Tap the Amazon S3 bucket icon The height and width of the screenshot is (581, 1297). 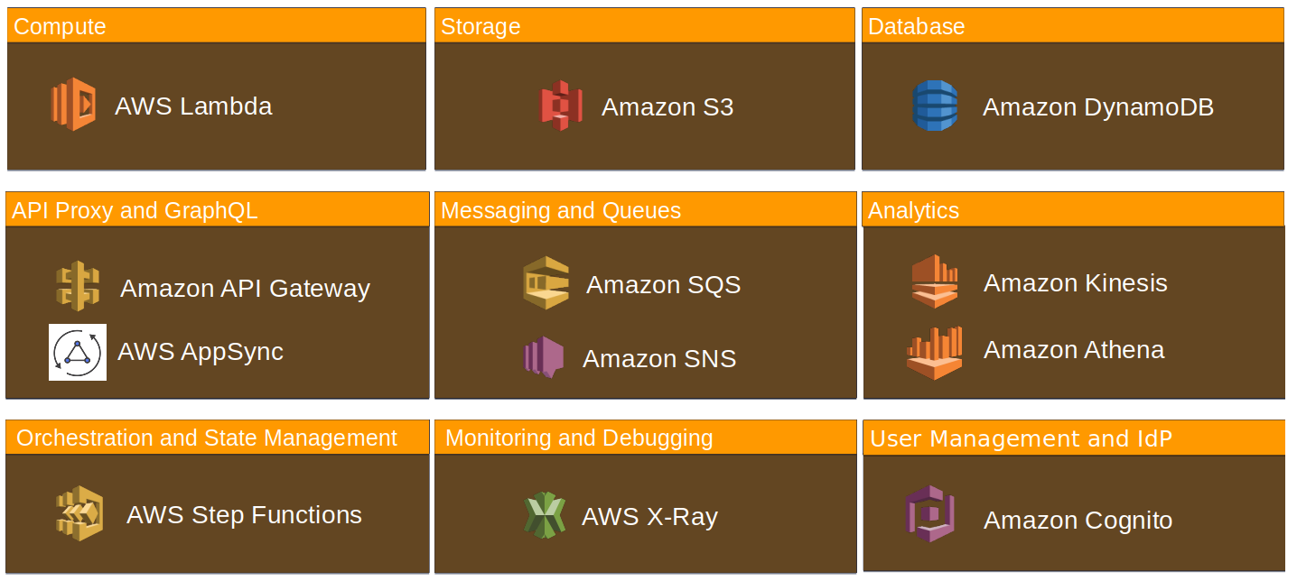[561, 106]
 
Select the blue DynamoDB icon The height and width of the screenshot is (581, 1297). [935, 106]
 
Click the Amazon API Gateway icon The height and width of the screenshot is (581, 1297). [77, 287]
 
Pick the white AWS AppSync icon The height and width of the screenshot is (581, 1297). [78, 352]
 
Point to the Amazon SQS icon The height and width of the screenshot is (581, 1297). [546, 283]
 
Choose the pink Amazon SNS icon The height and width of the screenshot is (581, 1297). [545, 356]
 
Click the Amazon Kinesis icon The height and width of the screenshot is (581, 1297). [934, 281]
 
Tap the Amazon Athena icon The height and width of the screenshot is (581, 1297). [935, 352]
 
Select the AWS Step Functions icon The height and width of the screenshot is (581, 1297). [79, 513]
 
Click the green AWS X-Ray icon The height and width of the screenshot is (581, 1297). [545, 515]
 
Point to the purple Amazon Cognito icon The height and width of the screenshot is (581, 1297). [930, 514]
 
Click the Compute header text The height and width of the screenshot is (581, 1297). [60, 27]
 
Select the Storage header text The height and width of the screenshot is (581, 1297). [481, 27]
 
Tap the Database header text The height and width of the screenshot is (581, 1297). [916, 27]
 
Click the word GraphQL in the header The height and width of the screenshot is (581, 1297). [211, 211]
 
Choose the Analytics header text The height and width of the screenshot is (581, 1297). [913, 211]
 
